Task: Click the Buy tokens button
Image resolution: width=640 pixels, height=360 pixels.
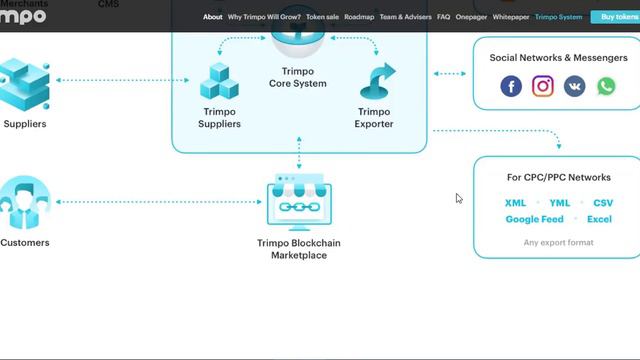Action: [x=615, y=17]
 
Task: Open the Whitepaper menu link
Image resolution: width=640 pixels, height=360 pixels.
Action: [x=511, y=17]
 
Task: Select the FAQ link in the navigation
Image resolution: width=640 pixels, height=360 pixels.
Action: [x=443, y=17]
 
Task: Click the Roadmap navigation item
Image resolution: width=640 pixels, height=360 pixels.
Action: [x=358, y=17]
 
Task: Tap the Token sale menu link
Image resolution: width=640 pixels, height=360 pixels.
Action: [x=322, y=17]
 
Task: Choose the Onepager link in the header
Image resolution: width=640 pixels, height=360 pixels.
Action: [x=471, y=17]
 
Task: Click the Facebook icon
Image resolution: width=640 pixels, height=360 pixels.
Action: [x=511, y=86]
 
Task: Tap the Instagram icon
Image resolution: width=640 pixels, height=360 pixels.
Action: [x=543, y=86]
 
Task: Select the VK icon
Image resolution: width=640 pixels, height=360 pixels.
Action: [x=575, y=86]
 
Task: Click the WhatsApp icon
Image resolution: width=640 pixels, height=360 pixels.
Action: [x=606, y=86]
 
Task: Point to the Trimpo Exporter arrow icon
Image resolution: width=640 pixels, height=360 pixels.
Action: [x=375, y=81]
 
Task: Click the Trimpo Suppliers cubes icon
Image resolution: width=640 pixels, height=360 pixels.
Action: [x=219, y=81]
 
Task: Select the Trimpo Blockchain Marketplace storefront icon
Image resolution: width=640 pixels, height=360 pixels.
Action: [x=299, y=205]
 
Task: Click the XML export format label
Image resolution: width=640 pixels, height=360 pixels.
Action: [x=515, y=203]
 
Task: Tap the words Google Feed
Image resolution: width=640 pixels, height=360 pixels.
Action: [x=534, y=219]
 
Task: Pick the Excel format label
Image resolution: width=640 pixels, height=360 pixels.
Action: [x=599, y=219]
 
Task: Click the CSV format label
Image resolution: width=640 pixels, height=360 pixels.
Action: [x=603, y=203]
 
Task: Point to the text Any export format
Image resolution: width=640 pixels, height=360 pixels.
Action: [x=558, y=242]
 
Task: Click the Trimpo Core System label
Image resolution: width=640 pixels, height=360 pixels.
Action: [x=298, y=78]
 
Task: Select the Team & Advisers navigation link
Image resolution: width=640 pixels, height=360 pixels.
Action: [x=404, y=17]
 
